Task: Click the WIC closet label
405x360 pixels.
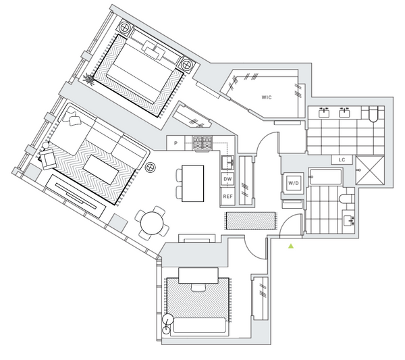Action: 267,97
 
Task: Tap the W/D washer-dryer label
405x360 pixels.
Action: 294,183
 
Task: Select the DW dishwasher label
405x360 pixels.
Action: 227,179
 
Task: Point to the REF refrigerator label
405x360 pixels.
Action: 227,197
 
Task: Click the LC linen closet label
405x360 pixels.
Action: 342,159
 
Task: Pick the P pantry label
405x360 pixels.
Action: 175,143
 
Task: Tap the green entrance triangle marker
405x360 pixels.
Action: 291,246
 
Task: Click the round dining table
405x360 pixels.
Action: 152,224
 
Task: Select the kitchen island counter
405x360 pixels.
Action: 192,184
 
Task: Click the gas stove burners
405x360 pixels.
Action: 202,143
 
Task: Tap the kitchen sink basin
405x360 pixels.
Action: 227,163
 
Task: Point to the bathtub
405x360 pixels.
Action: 325,177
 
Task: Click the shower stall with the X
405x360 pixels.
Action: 370,170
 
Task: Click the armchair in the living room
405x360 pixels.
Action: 48,159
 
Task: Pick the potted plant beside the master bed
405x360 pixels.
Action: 89,78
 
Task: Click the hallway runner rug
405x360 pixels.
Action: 251,220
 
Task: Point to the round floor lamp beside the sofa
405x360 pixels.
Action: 150,168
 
